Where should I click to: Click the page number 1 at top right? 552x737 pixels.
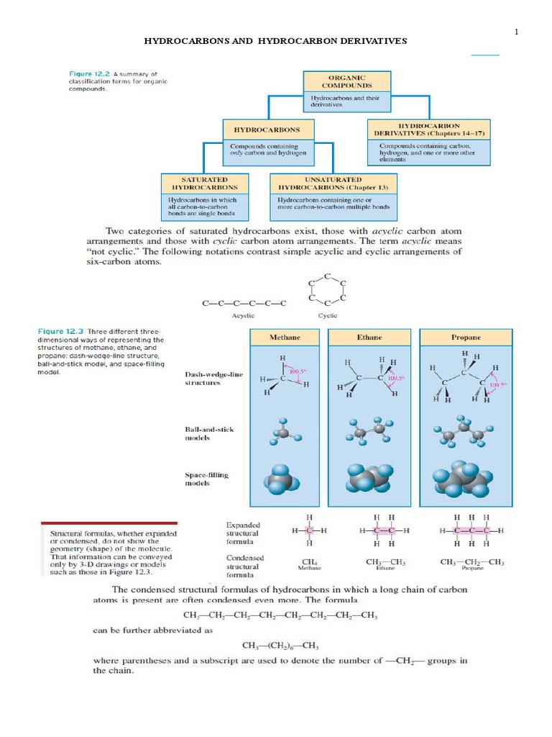pos(516,32)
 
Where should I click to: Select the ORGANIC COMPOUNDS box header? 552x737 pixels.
pos(347,81)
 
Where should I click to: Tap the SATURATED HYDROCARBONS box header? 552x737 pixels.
pos(205,183)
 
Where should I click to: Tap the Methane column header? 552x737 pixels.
pos(285,337)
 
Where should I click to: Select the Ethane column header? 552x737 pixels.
pos(369,337)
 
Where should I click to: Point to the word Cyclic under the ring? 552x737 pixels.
pos(327,315)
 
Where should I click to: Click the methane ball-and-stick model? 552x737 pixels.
pos(285,434)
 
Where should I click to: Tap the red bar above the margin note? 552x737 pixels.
pos(109,523)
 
